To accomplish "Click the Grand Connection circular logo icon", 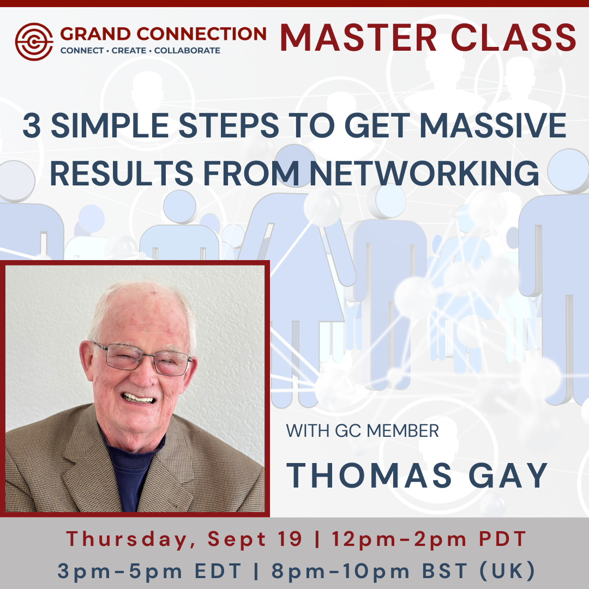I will (34, 41).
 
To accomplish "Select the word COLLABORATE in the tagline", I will (188, 51).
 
